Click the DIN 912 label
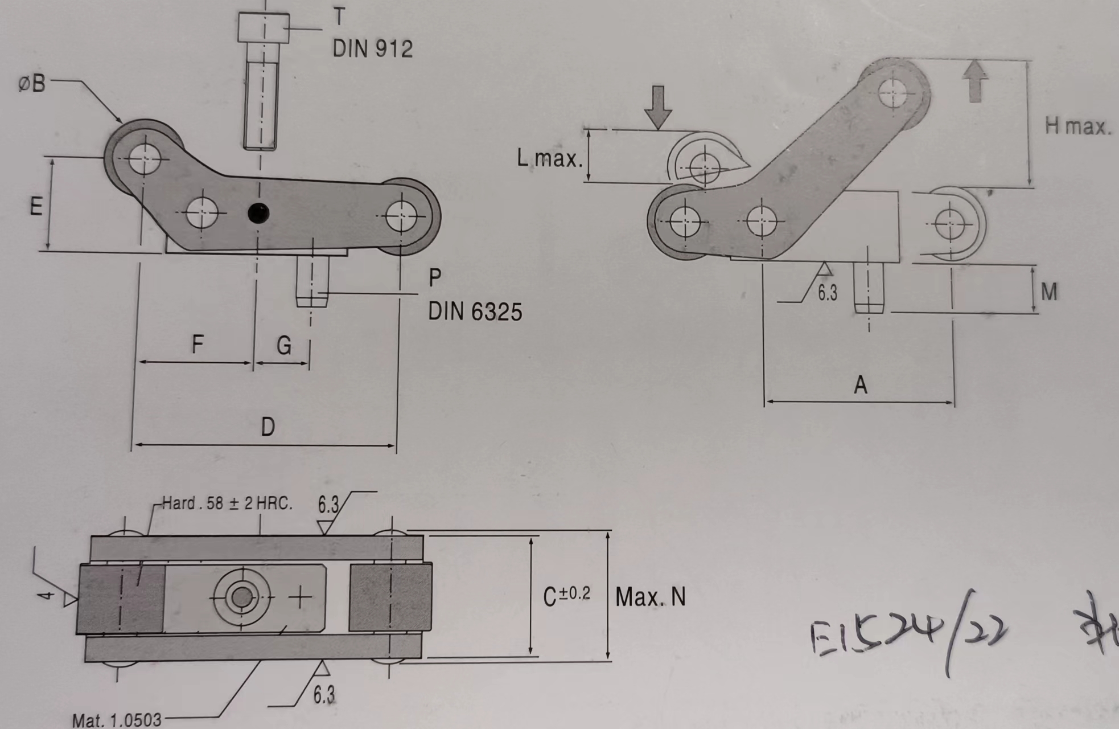[x=372, y=49]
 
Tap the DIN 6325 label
[x=475, y=312]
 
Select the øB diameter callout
[x=32, y=84]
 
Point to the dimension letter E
[x=36, y=206]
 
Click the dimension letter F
[x=197, y=344]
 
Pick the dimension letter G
[x=283, y=345]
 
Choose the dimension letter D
[x=268, y=427]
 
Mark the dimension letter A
[x=860, y=386]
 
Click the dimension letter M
[x=1049, y=292]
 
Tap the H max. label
[x=1077, y=126]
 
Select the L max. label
[x=550, y=158]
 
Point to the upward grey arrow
[x=975, y=81]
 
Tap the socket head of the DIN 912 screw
[x=264, y=28]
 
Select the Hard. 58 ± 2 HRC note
[x=227, y=503]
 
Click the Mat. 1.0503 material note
[x=117, y=720]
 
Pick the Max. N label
[x=651, y=597]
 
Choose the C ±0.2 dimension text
[x=566, y=596]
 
